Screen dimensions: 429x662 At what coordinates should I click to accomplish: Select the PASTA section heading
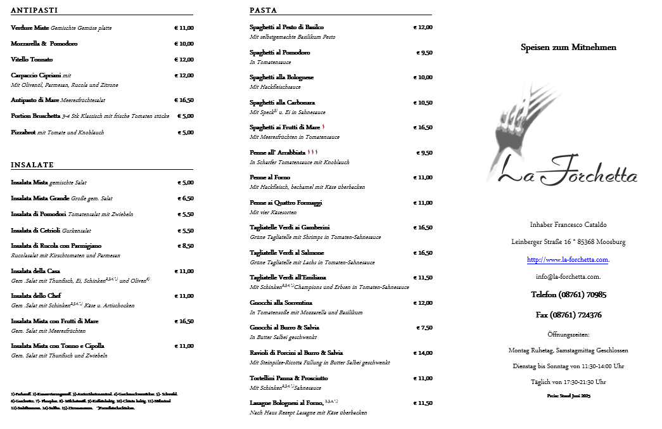coord(264,11)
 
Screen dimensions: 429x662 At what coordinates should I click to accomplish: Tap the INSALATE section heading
coord(32,165)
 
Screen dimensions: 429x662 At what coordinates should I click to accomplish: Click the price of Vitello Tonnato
coord(184,60)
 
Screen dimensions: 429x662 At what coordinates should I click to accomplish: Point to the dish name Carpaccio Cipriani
coord(36,75)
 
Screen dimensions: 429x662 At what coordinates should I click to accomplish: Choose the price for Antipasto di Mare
coord(184,100)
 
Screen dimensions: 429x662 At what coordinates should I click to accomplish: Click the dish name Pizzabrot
coord(23,132)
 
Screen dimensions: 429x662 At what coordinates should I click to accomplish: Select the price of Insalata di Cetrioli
coord(186,231)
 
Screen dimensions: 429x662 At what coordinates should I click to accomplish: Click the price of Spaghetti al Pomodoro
coord(424,53)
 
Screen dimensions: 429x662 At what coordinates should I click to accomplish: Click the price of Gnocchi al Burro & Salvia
coord(424,328)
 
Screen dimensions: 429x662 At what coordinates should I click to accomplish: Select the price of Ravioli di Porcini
coord(423,353)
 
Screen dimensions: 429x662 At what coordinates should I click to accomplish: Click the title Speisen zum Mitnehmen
coord(568,48)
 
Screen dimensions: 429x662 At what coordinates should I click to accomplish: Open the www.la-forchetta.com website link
coord(568,260)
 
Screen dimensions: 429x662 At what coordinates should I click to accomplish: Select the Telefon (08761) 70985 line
coord(568,295)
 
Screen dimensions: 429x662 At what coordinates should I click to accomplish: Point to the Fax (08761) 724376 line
coord(568,315)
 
